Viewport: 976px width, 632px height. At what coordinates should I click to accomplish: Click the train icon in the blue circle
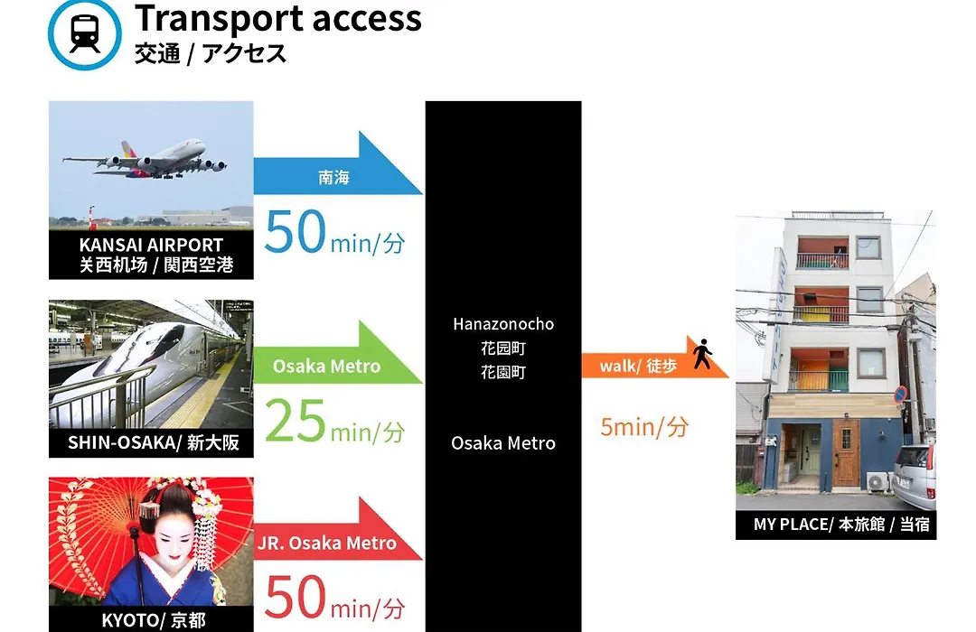pos(85,33)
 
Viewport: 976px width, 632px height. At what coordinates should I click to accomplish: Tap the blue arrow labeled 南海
pos(338,163)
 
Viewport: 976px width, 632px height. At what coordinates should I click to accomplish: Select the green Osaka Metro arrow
pos(338,353)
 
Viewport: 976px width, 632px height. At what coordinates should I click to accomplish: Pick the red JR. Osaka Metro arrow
pos(338,529)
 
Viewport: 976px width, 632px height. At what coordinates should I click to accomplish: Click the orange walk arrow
pos(655,358)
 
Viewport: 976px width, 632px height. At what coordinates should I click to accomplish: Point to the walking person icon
pos(703,353)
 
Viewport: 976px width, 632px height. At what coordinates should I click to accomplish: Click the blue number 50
pos(295,231)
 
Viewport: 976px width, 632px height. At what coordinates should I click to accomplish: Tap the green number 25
pos(295,421)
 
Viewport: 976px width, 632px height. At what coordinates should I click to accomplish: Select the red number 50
pos(295,597)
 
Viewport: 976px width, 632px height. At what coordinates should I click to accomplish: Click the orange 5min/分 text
pos(644,427)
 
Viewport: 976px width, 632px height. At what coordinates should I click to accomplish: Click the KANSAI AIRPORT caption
pos(151,245)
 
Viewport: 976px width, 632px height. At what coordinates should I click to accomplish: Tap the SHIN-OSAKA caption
pos(153,442)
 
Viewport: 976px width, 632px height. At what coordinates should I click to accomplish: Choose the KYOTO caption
pos(153,620)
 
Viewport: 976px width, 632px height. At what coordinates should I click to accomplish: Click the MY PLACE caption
pos(841,525)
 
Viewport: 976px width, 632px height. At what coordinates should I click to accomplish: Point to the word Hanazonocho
pos(503,324)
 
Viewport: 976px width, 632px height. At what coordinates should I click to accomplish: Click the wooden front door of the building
pos(846,452)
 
